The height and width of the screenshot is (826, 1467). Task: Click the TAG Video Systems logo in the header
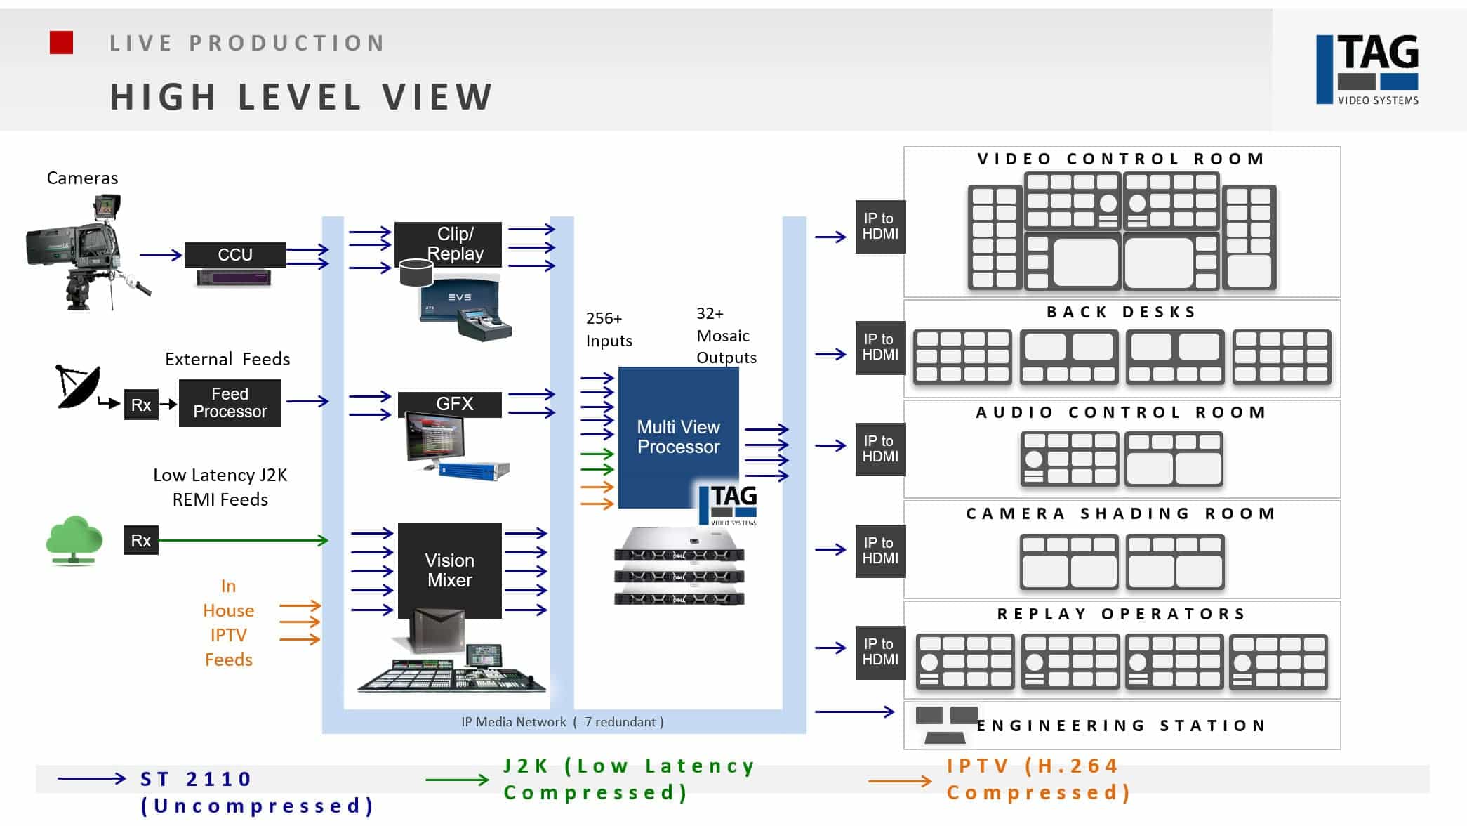pyautogui.click(x=1367, y=70)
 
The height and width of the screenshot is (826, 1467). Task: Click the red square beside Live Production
pyautogui.click(x=61, y=43)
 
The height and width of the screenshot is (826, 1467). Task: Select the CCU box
pyautogui.click(x=235, y=255)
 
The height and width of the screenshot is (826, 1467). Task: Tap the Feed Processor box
pyautogui.click(x=230, y=403)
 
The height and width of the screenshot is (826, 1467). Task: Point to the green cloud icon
pyautogui.click(x=74, y=539)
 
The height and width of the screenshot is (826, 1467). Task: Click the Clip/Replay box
pyautogui.click(x=449, y=244)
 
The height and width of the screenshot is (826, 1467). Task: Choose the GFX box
pyautogui.click(x=450, y=404)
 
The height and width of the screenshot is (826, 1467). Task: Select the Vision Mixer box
pyautogui.click(x=450, y=570)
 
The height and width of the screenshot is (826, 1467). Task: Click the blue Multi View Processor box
pyautogui.click(x=678, y=437)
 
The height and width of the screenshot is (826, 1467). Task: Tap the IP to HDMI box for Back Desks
pyautogui.click(x=880, y=347)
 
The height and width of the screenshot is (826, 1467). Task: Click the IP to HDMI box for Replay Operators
pyautogui.click(x=880, y=652)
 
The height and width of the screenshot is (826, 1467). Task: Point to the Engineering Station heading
pyautogui.click(x=1121, y=726)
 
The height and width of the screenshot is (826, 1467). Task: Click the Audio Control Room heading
pyautogui.click(x=1121, y=412)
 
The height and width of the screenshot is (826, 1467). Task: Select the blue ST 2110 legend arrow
pyautogui.click(x=91, y=778)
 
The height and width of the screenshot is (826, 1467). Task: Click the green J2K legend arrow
pyautogui.click(x=457, y=780)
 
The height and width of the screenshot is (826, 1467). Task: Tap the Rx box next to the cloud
pyautogui.click(x=141, y=540)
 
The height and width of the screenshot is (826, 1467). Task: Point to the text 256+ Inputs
pyautogui.click(x=609, y=329)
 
